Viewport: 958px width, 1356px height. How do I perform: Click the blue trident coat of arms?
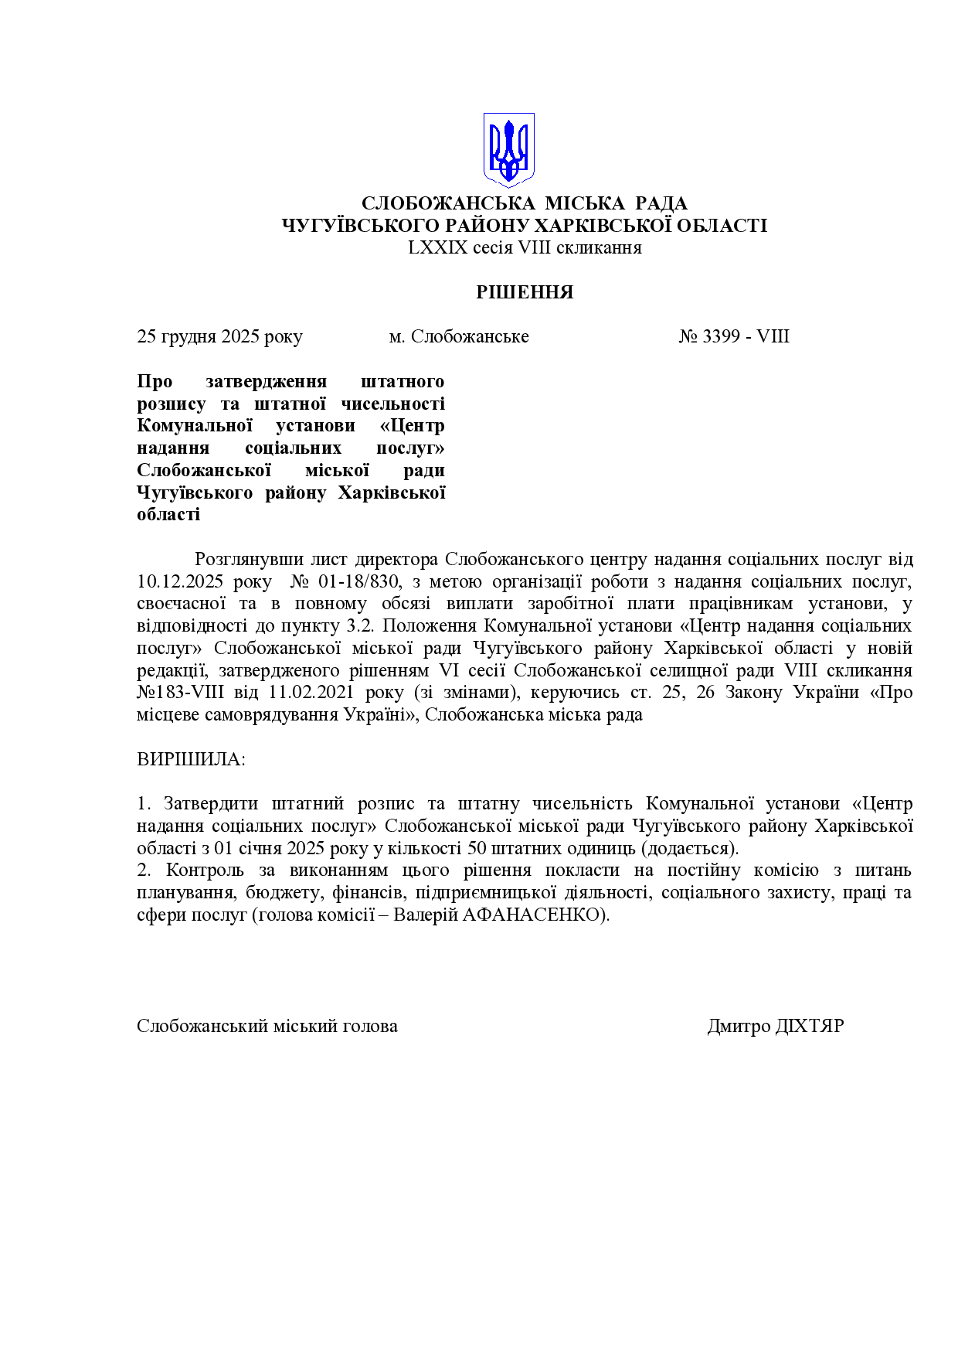(x=508, y=150)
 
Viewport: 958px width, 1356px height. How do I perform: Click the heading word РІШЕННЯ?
(x=525, y=292)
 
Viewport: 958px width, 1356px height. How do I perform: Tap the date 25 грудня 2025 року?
(x=219, y=336)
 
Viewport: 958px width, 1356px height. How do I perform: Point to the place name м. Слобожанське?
(x=459, y=336)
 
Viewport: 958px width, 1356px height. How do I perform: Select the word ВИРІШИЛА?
(x=191, y=758)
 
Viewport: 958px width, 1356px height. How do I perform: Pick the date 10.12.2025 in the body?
(x=180, y=581)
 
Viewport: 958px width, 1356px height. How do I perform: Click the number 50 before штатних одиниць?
(x=477, y=848)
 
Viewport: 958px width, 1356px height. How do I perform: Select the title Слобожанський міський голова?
(x=267, y=1026)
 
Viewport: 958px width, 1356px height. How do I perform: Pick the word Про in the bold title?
(x=155, y=381)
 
